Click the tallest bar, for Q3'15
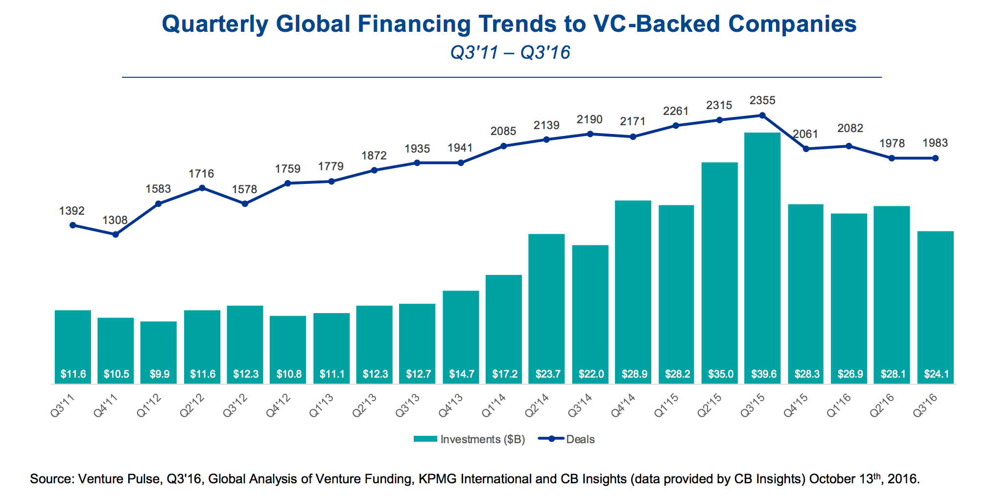coord(762,254)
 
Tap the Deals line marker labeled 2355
coord(762,115)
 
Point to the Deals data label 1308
coord(115,220)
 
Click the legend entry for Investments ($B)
coord(469,439)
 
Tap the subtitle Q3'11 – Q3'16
coord(510,52)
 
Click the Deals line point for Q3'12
coord(245,203)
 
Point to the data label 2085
coord(503,131)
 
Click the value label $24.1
coord(936,374)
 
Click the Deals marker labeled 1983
coord(935,158)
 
